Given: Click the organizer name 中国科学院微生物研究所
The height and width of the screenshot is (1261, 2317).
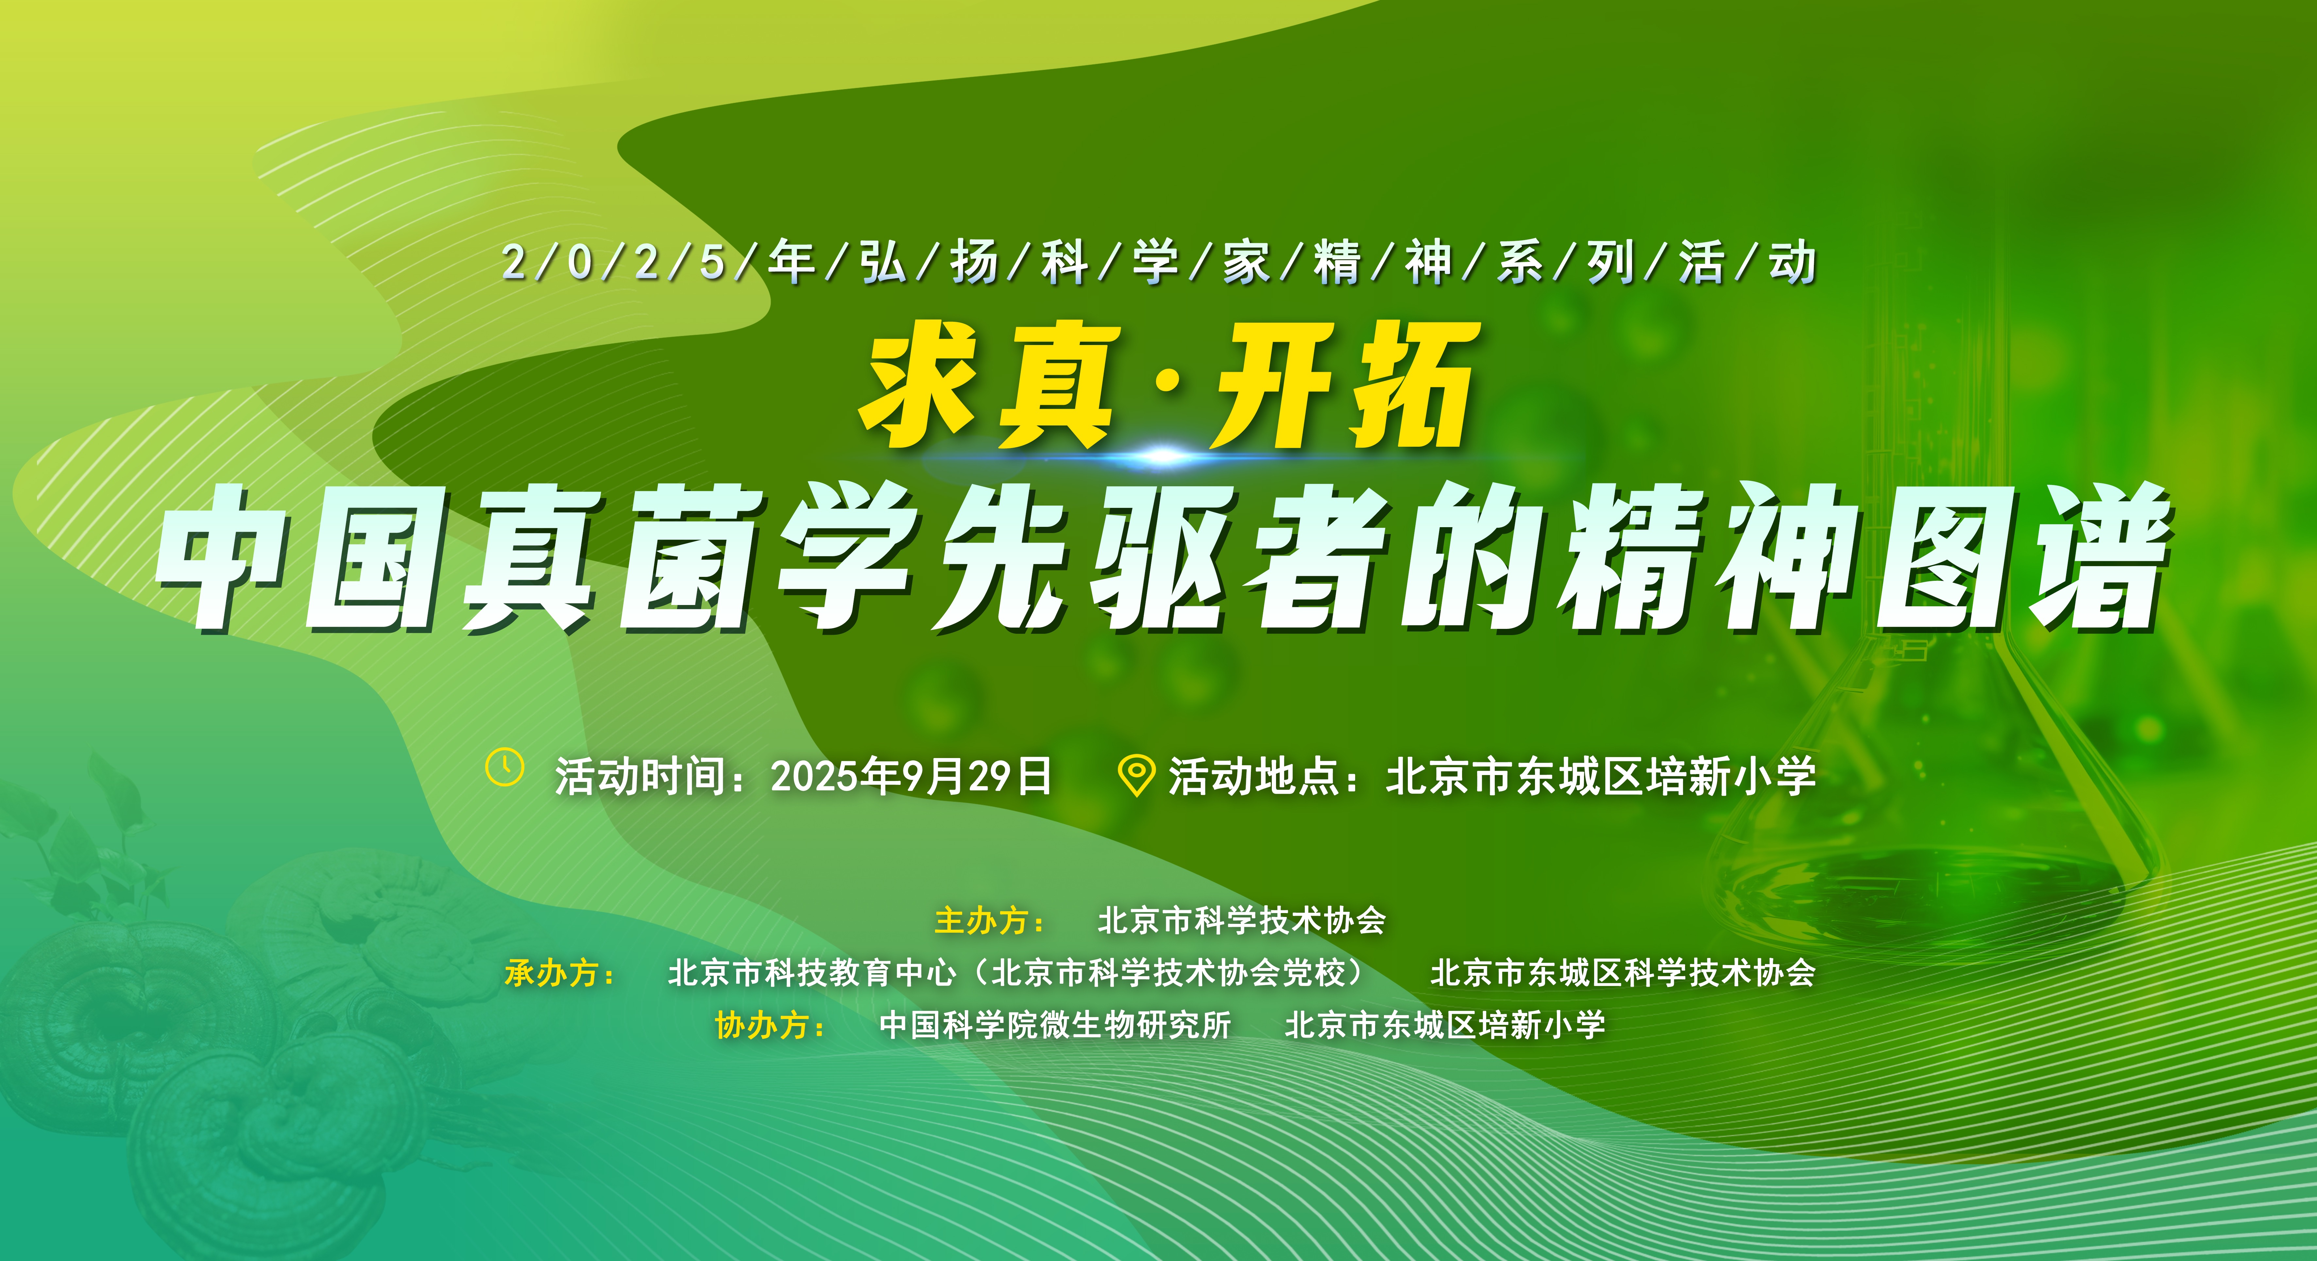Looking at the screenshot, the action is (x=1054, y=1025).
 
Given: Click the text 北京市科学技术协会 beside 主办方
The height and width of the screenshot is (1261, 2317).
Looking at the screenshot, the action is (x=1241, y=920).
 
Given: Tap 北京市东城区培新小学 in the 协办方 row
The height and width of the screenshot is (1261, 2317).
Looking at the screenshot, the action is (x=1444, y=1025).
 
